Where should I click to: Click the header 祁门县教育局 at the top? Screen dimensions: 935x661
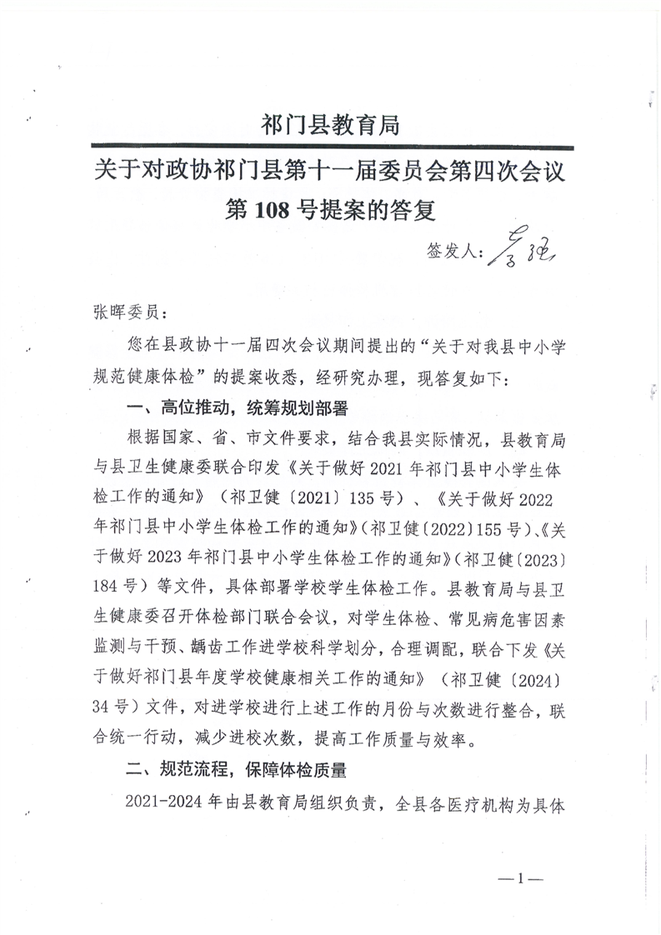click(x=331, y=126)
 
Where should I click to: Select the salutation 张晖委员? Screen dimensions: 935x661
click(x=120, y=312)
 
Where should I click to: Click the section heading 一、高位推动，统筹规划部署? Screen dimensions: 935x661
click(x=235, y=409)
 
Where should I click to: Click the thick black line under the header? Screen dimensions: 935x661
click(x=331, y=147)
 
